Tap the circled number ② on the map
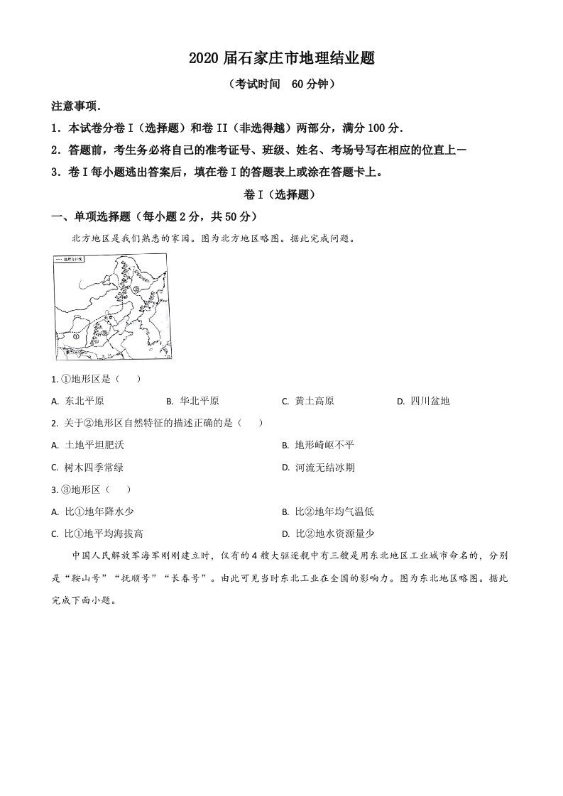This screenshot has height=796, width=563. pos(136,289)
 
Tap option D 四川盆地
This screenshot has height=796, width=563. pos(430,401)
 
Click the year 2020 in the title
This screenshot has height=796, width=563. pos(203,59)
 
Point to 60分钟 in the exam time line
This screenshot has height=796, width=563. pos(308,84)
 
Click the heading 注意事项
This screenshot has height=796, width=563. pos(76,106)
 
